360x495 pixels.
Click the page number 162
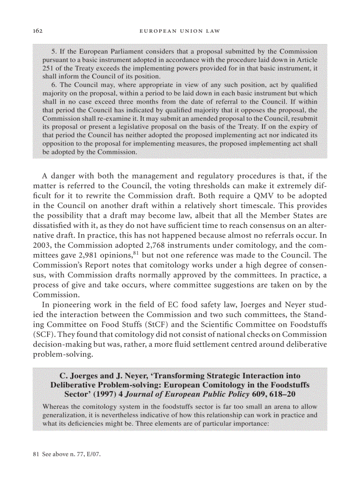click(x=37, y=31)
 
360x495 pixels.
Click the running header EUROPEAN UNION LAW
click(x=179, y=31)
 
